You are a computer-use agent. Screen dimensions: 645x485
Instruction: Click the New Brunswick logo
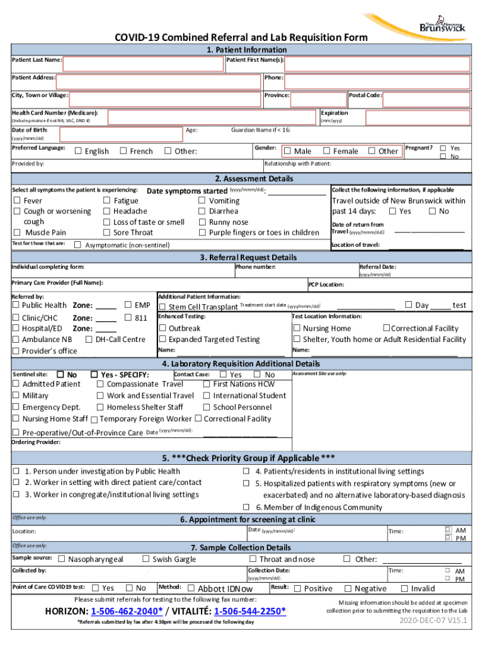point(444,22)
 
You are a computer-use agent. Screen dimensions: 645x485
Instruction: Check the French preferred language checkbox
point(123,151)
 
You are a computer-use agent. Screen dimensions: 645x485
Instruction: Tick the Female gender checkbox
point(326,151)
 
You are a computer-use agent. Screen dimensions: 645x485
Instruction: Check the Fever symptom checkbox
point(17,201)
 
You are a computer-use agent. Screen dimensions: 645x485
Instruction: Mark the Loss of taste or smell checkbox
point(106,222)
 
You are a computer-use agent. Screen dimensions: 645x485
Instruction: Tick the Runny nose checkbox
point(202,222)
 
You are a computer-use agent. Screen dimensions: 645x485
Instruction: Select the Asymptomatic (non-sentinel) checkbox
point(77,244)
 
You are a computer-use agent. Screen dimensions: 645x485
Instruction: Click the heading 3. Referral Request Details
point(242,258)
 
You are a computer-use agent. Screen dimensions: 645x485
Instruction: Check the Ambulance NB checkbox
point(16,340)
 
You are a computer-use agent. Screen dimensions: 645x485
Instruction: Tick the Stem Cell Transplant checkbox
point(163,307)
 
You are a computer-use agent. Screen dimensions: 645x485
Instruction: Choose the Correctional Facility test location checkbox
point(387,328)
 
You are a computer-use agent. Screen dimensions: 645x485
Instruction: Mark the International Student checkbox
point(206,396)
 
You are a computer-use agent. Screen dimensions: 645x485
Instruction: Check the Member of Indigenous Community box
point(248,507)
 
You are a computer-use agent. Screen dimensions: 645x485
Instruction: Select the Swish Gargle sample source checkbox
point(145,559)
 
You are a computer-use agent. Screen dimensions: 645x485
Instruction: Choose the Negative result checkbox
point(348,588)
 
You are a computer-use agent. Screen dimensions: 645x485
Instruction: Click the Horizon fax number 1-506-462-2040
point(127,612)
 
